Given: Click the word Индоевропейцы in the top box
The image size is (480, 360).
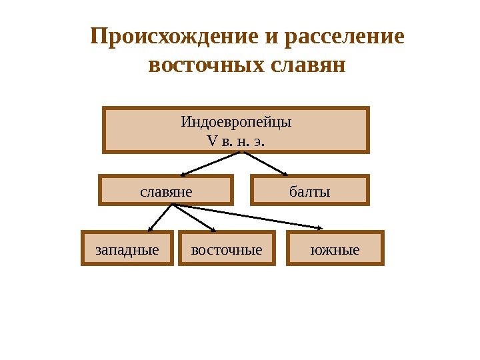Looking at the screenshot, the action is tap(237, 123).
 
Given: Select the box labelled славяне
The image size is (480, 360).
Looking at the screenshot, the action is tap(166, 190).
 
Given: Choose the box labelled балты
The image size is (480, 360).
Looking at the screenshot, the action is tap(309, 190).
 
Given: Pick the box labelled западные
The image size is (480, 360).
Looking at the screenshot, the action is tap(127, 249).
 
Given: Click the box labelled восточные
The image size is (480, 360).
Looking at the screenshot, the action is tap(227, 249).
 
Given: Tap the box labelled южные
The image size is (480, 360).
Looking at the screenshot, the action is tap(335, 249).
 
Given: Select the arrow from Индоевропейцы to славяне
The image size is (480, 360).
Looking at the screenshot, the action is tap(209, 164).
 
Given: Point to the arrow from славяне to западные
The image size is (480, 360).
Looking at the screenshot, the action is tap(160, 217).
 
